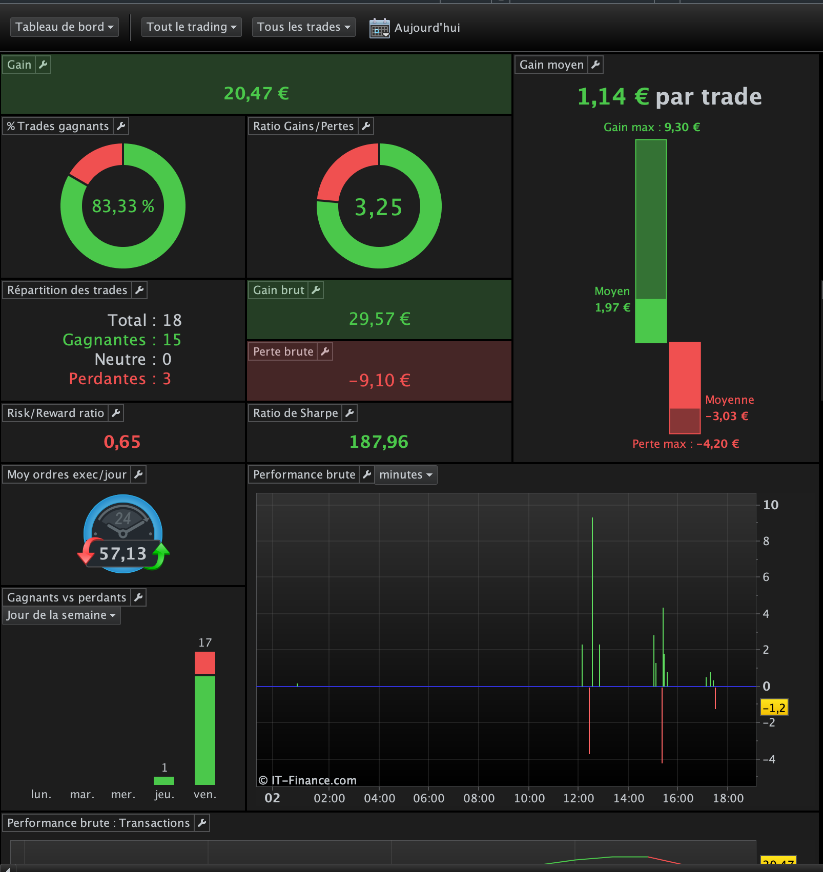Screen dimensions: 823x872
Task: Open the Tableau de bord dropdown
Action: pyautogui.click(x=65, y=27)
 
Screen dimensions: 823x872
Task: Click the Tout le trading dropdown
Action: pyautogui.click(x=191, y=27)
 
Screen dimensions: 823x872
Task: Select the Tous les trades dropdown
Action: pyautogui.click(x=303, y=27)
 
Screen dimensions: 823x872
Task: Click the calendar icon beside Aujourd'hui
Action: pyautogui.click(x=380, y=28)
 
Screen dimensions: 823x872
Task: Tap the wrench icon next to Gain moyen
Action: pyautogui.click(x=595, y=65)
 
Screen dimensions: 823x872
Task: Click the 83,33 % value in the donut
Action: pyautogui.click(x=123, y=206)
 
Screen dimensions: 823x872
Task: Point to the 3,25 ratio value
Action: pyautogui.click(x=379, y=207)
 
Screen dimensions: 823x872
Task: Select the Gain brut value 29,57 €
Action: pyautogui.click(x=380, y=319)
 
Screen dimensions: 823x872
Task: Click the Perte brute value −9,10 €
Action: pyautogui.click(x=380, y=380)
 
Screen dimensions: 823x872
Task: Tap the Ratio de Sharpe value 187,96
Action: pyautogui.click(x=379, y=442)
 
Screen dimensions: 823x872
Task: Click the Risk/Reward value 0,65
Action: pyautogui.click(x=122, y=442)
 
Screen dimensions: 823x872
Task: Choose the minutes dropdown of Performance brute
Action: pyautogui.click(x=406, y=475)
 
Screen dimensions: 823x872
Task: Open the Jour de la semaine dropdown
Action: pyautogui.click(x=61, y=615)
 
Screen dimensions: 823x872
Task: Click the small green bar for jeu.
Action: pyautogui.click(x=164, y=781)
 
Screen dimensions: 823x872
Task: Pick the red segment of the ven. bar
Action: pyautogui.click(x=205, y=663)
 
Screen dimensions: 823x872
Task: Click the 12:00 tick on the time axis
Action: pyautogui.click(x=579, y=798)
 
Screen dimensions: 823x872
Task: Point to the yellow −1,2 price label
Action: pyautogui.click(x=774, y=708)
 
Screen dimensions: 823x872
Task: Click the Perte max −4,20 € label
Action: pyautogui.click(x=686, y=444)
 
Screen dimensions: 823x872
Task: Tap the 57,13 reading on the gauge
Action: pyautogui.click(x=123, y=554)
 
